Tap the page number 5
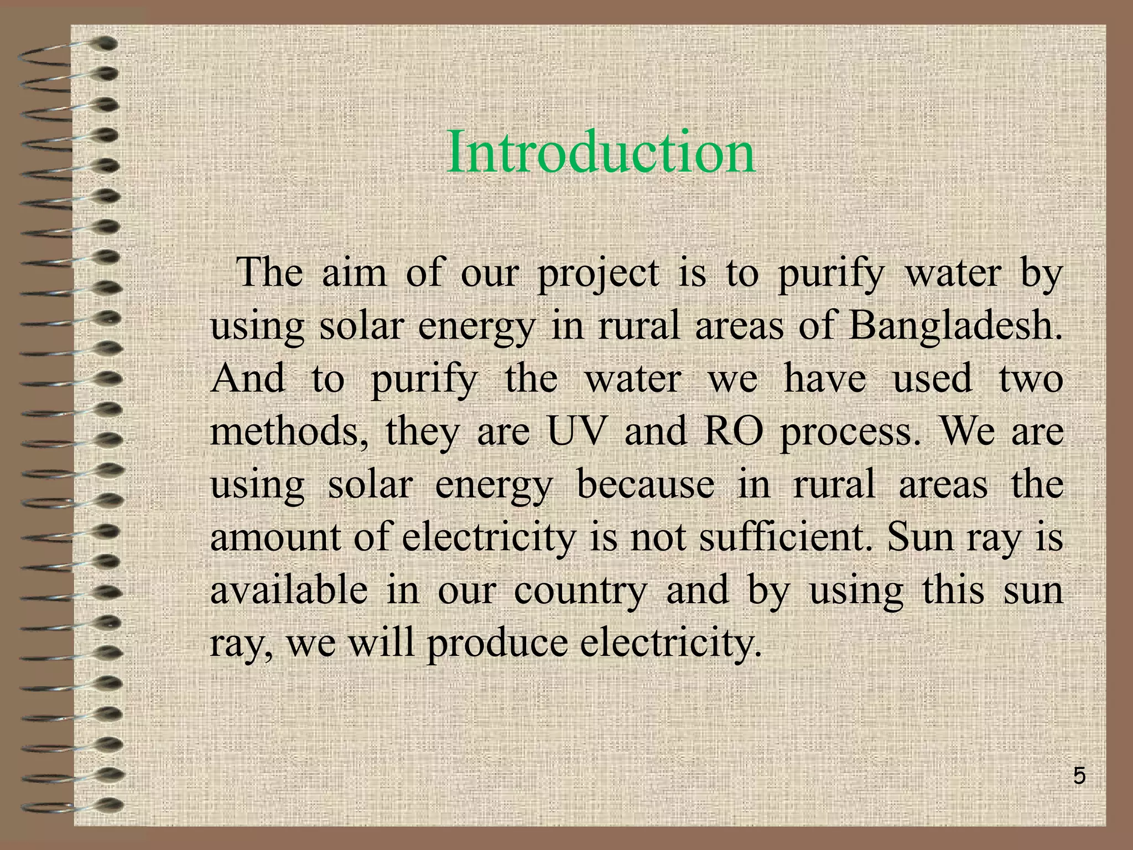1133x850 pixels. coord(1079,776)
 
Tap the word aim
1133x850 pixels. coord(354,274)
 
